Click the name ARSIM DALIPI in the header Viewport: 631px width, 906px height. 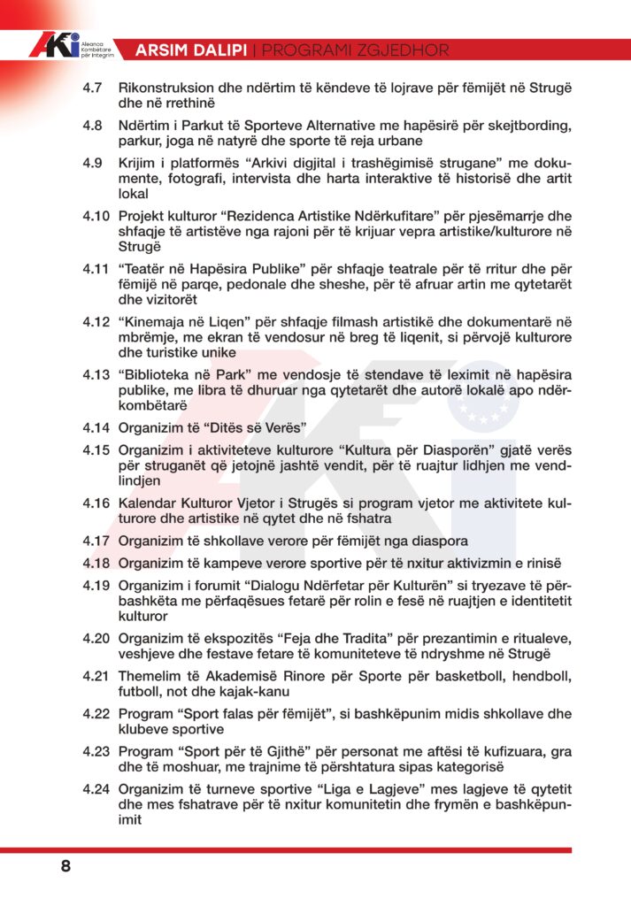pos(190,50)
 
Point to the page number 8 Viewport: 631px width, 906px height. pos(65,866)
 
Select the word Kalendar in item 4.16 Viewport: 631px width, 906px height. pos(150,503)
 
